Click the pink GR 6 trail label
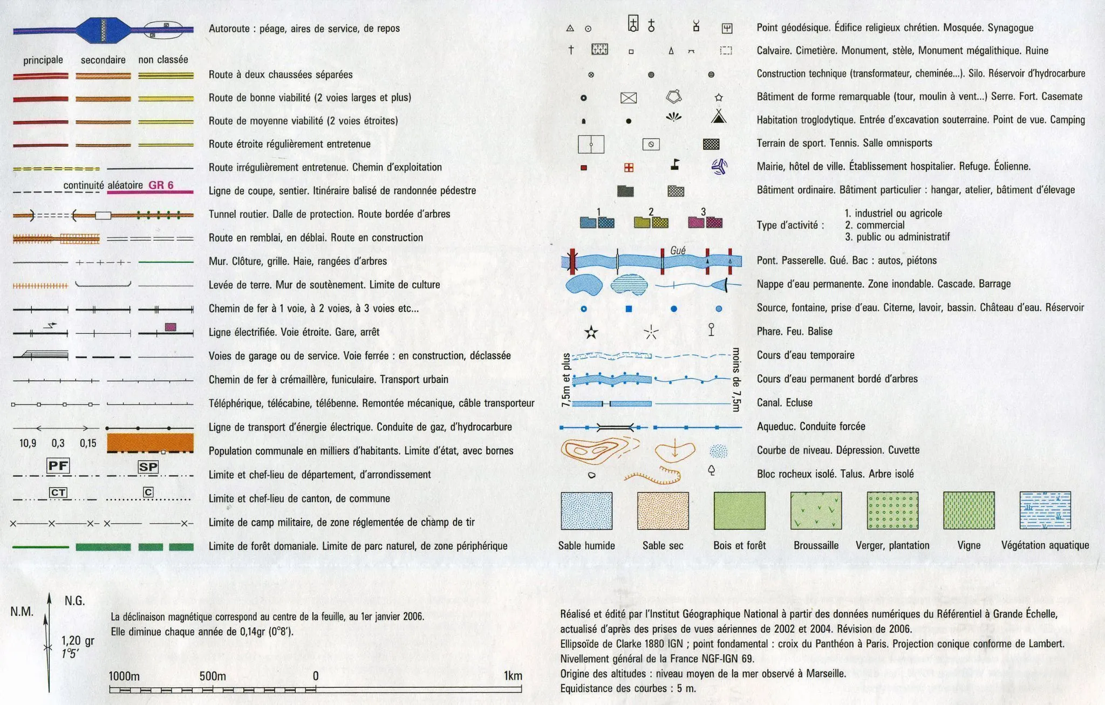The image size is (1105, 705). click(161, 185)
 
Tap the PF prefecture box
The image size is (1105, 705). click(58, 466)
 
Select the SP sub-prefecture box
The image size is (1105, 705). click(148, 467)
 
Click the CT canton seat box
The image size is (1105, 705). click(58, 492)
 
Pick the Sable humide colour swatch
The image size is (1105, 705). click(586, 510)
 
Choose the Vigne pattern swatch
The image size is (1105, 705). click(969, 510)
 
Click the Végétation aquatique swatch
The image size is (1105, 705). click(1045, 510)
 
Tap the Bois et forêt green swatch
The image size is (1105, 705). click(739, 510)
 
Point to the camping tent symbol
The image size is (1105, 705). click(718, 116)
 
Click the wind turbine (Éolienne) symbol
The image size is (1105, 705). click(719, 167)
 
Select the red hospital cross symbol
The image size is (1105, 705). click(629, 168)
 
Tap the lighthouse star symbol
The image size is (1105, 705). click(591, 332)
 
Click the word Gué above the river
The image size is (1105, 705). click(678, 250)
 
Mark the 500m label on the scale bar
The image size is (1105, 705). click(213, 676)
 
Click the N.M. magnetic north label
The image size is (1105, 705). click(22, 612)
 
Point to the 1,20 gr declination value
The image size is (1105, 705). click(78, 641)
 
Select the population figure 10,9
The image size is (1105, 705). click(28, 443)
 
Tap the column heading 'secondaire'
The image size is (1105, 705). click(103, 60)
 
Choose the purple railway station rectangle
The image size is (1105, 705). click(170, 327)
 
